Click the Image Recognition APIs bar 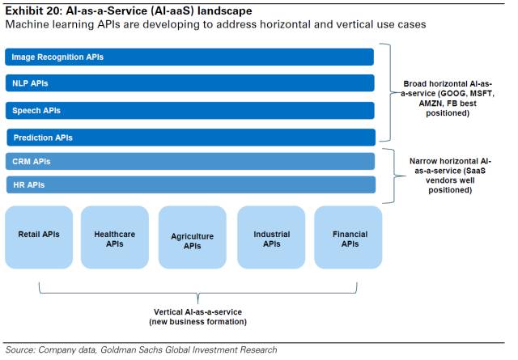tap(189, 57)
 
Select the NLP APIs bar tap(189, 83)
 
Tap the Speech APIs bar tap(189, 110)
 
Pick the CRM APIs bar tap(189, 161)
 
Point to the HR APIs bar tap(189, 185)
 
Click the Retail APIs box tap(39, 237)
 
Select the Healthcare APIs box tap(114, 237)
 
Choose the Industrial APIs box tap(271, 237)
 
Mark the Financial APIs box tap(350, 237)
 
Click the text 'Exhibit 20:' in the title tap(32, 11)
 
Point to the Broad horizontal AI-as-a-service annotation tap(447, 98)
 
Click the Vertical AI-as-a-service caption tap(197, 316)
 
